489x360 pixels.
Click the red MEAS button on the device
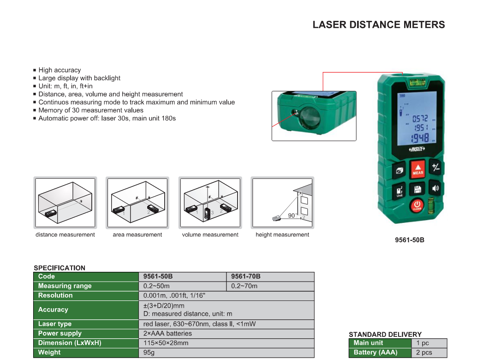[x=417, y=169]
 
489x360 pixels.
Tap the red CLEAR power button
[x=417, y=206]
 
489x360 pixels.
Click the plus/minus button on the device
[x=435, y=168]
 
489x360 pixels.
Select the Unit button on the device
[x=399, y=191]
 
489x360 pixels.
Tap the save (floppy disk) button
[x=417, y=189]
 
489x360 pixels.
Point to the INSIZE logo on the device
[x=417, y=149]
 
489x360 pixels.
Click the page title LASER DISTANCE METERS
[x=379, y=24]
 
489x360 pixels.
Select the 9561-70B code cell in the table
[x=270, y=277]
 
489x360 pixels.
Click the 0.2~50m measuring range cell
[x=182, y=286]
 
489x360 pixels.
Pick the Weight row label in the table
[x=86, y=353]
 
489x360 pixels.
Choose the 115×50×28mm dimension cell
[x=227, y=343]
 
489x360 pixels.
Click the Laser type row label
[x=86, y=324]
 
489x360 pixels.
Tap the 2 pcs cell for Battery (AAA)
[x=429, y=353]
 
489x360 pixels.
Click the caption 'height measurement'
[x=282, y=234]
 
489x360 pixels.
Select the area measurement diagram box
[x=137, y=203]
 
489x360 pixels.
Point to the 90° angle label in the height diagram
[x=292, y=215]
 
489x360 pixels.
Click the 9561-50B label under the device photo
[x=410, y=240]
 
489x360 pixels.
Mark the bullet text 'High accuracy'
[x=60, y=70]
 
